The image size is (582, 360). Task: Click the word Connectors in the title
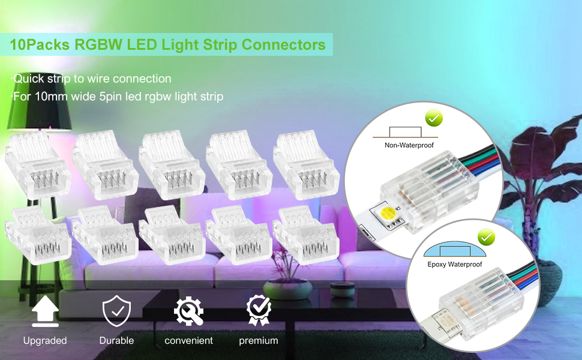pyautogui.click(x=284, y=44)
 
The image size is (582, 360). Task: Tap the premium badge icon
pyautogui.click(x=259, y=311)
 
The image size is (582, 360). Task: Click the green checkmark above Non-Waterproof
pyautogui.click(x=434, y=118)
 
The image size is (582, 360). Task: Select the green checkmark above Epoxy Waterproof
pyautogui.click(x=486, y=238)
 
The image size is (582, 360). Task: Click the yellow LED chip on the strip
pyautogui.click(x=385, y=212)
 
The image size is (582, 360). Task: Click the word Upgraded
pyautogui.click(x=45, y=341)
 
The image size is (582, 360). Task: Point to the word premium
pyautogui.click(x=259, y=341)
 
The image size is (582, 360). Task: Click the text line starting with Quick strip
pyautogui.click(x=91, y=79)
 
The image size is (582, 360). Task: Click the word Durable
pyautogui.click(x=116, y=341)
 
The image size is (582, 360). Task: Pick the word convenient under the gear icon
pyautogui.click(x=188, y=341)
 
